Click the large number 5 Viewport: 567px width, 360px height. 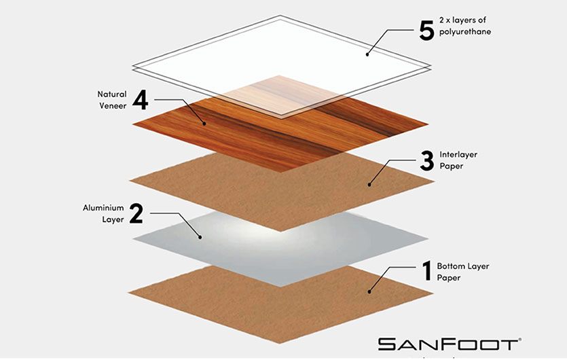click(x=426, y=31)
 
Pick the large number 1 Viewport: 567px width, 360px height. click(x=426, y=272)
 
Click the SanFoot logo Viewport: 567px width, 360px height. click(x=449, y=343)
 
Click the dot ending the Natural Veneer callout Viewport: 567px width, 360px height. click(x=203, y=123)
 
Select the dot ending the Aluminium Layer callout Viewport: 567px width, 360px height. click(x=199, y=236)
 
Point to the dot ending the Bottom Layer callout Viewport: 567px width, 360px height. click(x=369, y=291)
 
